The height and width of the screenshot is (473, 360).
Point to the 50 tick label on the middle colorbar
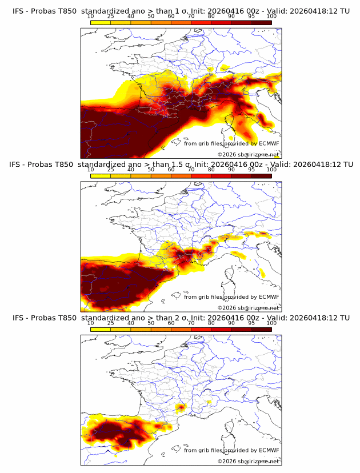point(151,170)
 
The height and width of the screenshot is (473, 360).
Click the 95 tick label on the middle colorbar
point(251,170)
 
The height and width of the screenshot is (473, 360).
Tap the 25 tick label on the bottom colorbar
point(111,323)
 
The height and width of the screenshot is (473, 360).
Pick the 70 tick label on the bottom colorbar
point(191,323)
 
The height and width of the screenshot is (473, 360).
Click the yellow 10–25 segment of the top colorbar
point(101,22)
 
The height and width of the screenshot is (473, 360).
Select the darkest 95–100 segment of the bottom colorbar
point(261,330)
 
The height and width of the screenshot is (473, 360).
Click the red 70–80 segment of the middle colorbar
point(201,176)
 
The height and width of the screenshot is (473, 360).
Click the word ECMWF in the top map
point(269,143)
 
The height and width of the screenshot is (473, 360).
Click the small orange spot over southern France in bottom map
point(181,407)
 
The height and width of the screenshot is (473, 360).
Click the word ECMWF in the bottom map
point(269,450)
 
